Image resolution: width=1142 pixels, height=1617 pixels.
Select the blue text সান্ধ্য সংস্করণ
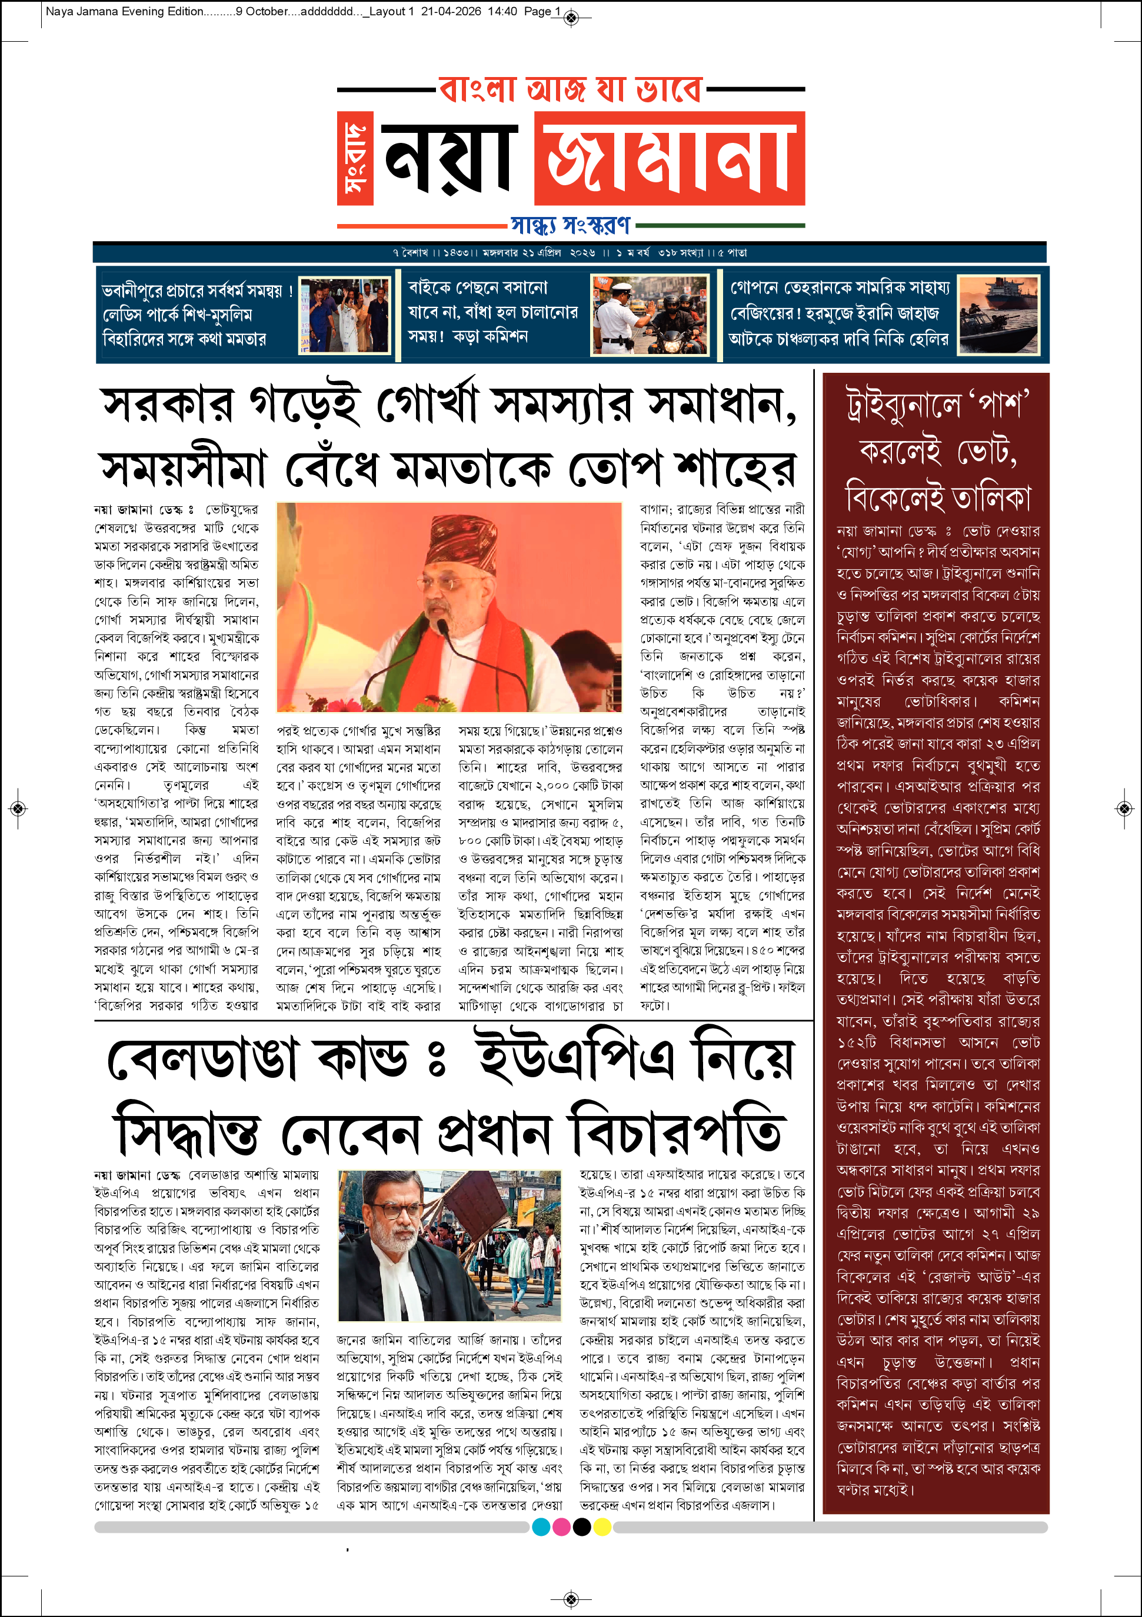[571, 225]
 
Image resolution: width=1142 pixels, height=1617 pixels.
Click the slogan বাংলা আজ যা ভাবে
[571, 90]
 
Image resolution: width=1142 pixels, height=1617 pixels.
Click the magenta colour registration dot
[561, 1527]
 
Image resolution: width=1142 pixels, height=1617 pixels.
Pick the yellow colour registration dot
[602, 1527]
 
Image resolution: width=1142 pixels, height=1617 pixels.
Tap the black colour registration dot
[582, 1527]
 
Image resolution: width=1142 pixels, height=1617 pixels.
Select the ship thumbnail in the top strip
[998, 315]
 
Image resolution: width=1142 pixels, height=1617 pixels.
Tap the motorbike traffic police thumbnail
[649, 315]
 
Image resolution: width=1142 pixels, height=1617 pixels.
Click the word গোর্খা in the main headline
[428, 405]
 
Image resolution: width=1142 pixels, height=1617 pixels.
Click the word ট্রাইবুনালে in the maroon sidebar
[904, 407]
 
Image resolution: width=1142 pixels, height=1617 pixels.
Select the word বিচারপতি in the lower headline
[675, 1133]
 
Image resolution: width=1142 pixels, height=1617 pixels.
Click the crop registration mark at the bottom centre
[571, 1599]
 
